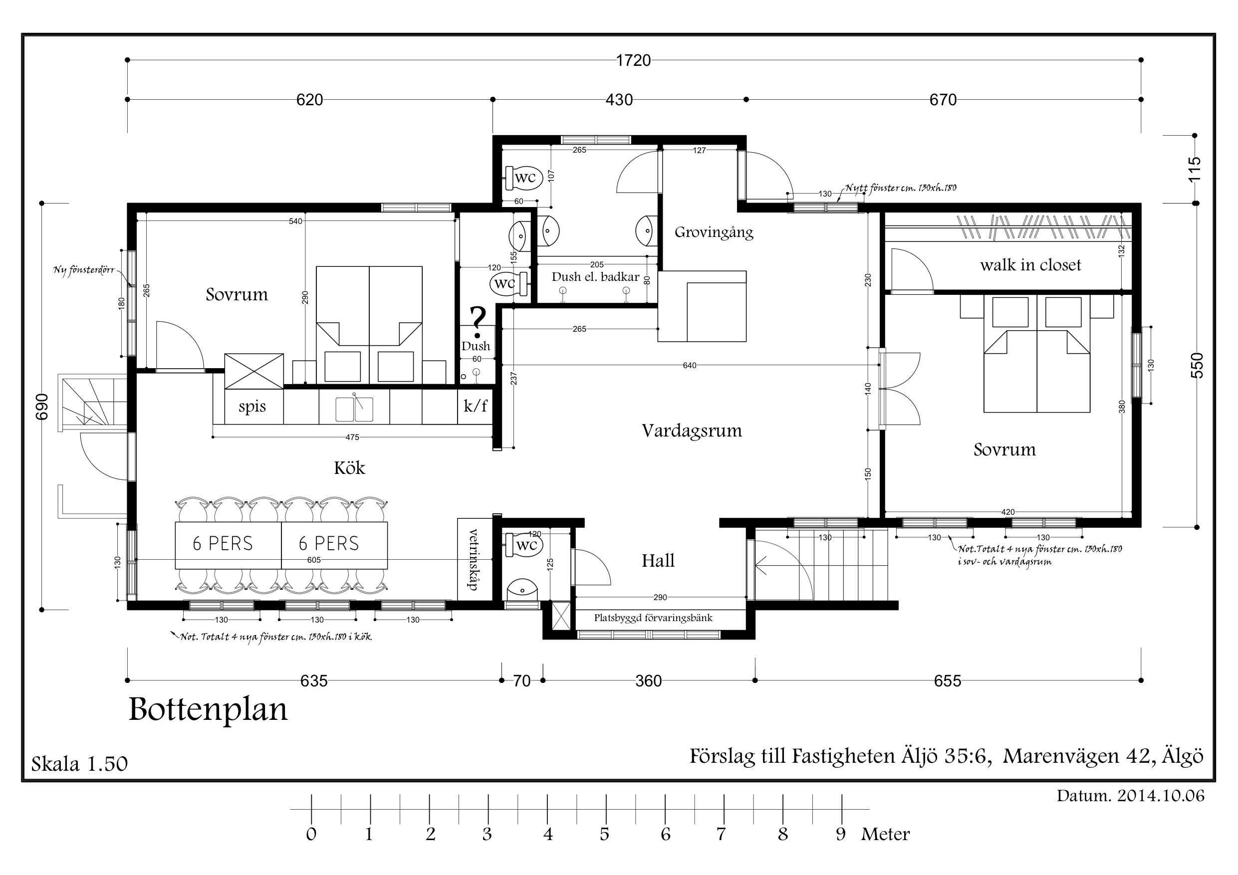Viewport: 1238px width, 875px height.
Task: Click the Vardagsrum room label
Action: (692, 431)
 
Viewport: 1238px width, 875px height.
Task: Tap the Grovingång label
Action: (714, 232)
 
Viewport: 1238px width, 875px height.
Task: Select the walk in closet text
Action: (1030, 265)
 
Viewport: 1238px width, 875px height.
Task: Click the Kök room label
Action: (349, 467)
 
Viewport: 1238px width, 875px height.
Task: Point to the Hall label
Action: (658, 561)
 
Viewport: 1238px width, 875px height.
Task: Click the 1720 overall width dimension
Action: (634, 60)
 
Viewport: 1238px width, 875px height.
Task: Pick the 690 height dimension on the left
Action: (42, 407)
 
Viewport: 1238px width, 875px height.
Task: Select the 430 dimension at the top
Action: (619, 100)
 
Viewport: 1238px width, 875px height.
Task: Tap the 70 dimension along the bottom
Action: (522, 681)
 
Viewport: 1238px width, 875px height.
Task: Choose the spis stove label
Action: (252, 407)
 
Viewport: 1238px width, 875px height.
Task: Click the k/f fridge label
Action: (476, 406)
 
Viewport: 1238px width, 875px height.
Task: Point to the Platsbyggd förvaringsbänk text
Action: (653, 618)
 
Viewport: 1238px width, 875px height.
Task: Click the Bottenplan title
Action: (208, 710)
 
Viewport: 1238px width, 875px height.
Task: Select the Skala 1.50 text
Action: (79, 763)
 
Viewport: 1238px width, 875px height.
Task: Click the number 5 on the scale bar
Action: (604, 835)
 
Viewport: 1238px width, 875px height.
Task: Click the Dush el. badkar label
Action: (595, 277)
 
